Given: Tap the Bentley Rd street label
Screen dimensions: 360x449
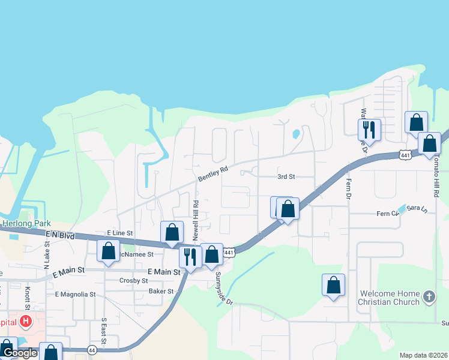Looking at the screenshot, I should click(x=213, y=175).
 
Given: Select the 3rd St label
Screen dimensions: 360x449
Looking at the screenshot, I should click(x=286, y=177).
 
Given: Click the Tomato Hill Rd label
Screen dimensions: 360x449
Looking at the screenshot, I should click(x=436, y=180).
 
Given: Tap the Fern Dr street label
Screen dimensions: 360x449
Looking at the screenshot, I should click(x=348, y=188).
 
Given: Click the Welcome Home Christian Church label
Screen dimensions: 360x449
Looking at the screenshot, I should click(x=389, y=298).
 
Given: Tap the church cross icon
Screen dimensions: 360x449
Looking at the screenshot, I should click(x=429, y=296).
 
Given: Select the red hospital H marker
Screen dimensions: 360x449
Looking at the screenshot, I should click(x=25, y=322).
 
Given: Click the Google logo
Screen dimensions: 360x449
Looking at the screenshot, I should click(x=20, y=353).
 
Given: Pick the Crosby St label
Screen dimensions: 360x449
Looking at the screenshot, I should click(x=134, y=280).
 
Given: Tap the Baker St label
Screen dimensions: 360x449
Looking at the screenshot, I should click(x=161, y=292).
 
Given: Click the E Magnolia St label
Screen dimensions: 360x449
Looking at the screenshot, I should click(x=75, y=295).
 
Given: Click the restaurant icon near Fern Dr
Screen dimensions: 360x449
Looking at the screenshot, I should click(x=369, y=129).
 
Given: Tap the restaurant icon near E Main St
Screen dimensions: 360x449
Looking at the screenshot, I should click(x=190, y=257).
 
